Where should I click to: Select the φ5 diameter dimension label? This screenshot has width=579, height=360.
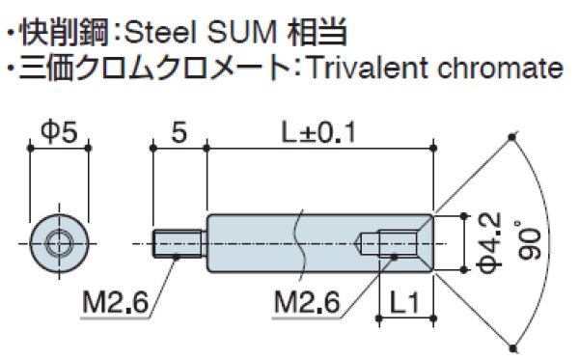pyautogui.click(x=60, y=133)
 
